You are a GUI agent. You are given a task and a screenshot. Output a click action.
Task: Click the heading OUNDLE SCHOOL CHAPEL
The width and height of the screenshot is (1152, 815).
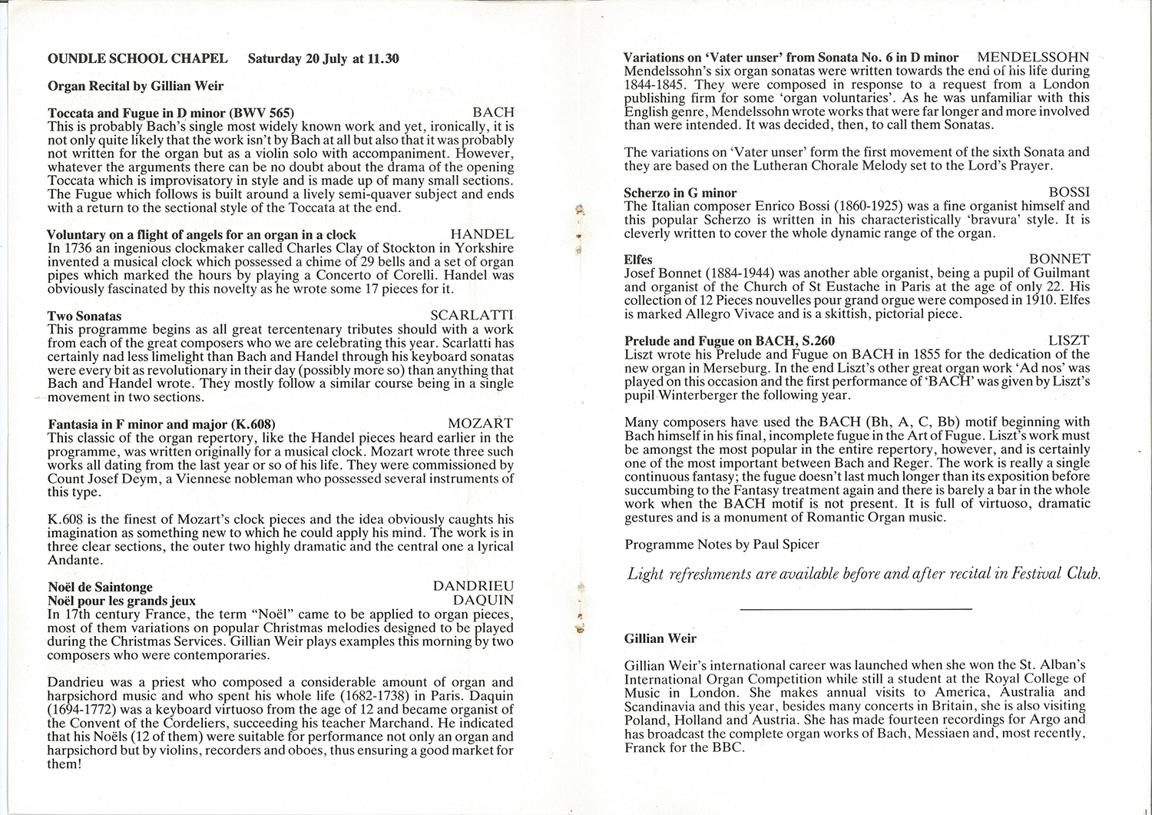pyautogui.click(x=137, y=58)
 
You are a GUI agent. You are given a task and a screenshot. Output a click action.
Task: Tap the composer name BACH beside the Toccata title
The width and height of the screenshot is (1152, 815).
pyautogui.click(x=493, y=112)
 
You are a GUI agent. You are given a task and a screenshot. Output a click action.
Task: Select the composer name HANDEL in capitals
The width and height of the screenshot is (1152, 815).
pyautogui.click(x=482, y=234)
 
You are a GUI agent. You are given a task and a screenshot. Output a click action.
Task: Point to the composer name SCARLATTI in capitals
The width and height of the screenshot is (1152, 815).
pyautogui.click(x=472, y=316)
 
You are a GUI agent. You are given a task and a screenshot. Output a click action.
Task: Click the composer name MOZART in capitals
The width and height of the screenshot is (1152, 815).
pyautogui.click(x=480, y=424)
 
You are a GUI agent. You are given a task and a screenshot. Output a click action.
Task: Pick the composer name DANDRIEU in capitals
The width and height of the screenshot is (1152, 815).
pyautogui.click(x=473, y=586)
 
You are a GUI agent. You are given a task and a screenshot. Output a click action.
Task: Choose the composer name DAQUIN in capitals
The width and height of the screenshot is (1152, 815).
pyautogui.click(x=483, y=600)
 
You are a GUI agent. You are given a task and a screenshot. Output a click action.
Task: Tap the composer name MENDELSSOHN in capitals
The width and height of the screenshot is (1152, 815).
pyautogui.click(x=1034, y=58)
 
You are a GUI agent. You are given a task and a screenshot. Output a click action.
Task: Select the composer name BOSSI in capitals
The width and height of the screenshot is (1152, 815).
pyautogui.click(x=1069, y=192)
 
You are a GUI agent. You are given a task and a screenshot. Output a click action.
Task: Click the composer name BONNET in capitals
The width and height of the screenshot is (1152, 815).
pyautogui.click(x=1059, y=260)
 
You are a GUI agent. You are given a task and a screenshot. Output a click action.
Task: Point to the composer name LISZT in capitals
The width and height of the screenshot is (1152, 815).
pyautogui.click(x=1069, y=340)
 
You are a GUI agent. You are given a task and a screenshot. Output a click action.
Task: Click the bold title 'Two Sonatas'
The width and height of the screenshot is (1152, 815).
pyautogui.click(x=84, y=316)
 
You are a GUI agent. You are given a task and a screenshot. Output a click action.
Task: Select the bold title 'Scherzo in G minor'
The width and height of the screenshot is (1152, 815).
pyautogui.click(x=680, y=193)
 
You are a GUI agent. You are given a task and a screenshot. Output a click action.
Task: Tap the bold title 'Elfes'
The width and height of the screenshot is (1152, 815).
pyautogui.click(x=638, y=260)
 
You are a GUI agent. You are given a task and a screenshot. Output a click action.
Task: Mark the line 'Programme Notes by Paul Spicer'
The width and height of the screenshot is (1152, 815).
pyautogui.click(x=722, y=544)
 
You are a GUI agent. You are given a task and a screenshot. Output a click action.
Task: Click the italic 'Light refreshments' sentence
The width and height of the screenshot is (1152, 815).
pyautogui.click(x=864, y=573)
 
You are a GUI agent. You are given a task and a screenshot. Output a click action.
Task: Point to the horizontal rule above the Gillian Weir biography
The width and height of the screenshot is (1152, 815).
pyautogui.click(x=856, y=609)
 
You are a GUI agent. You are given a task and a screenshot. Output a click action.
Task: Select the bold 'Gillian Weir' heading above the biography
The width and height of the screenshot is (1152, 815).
pyautogui.click(x=660, y=638)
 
